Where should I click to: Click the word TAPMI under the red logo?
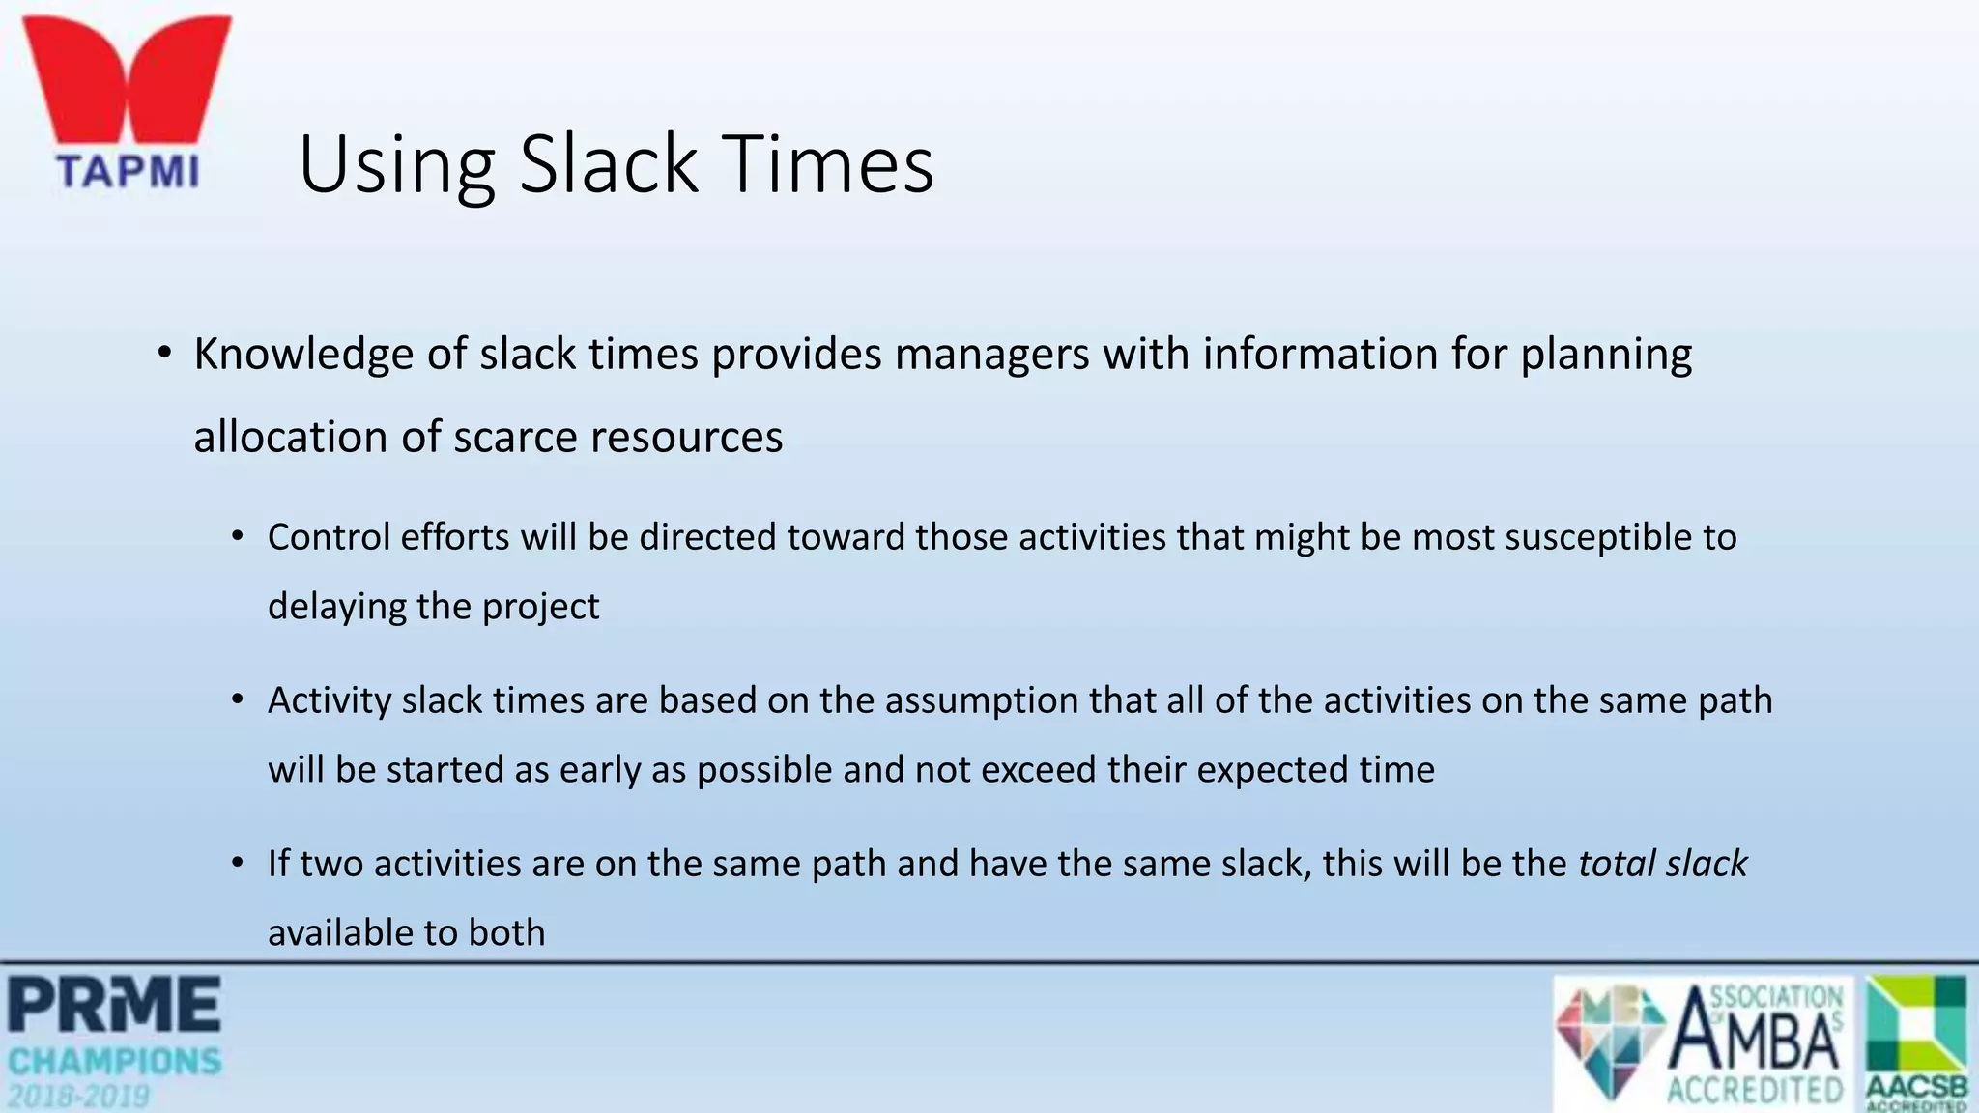pyautogui.click(x=129, y=172)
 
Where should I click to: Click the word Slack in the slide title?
pyautogui.click(x=608, y=164)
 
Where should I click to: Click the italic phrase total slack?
pyautogui.click(x=1662, y=864)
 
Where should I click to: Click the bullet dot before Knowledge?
pyautogui.click(x=164, y=354)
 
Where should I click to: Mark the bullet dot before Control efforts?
pyautogui.click(x=238, y=537)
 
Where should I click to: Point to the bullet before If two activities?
pyautogui.click(x=238, y=864)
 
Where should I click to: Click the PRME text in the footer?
pyautogui.click(x=114, y=1005)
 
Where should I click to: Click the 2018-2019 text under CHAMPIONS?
pyautogui.click(x=79, y=1097)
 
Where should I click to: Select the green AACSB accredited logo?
pyautogui.click(x=1917, y=1042)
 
